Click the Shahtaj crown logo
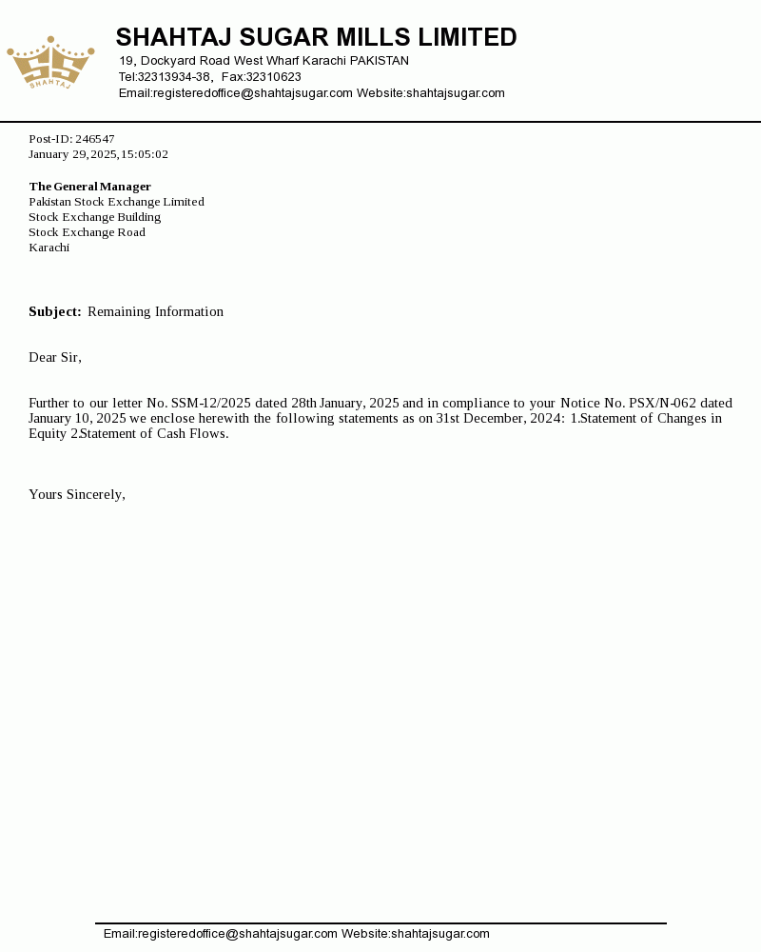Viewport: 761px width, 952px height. coord(50,63)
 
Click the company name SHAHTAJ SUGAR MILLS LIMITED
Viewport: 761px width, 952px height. coord(316,38)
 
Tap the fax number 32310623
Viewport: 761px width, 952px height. coord(274,77)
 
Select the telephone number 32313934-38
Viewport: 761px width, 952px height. coord(174,77)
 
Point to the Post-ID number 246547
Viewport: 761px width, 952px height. coord(95,139)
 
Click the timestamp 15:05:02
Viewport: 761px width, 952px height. coord(145,154)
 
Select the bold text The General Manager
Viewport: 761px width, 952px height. coord(90,187)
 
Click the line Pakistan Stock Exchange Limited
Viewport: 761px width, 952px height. coord(116,202)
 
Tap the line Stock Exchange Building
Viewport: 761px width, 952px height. coord(95,217)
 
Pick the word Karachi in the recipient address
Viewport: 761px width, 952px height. coord(49,248)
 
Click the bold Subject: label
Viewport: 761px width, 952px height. coord(55,311)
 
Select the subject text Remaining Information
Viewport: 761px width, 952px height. coord(155,311)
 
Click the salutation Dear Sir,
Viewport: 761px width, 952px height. coord(55,357)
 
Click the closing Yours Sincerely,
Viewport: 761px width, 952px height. coord(77,494)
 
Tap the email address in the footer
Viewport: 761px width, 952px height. coord(221,934)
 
